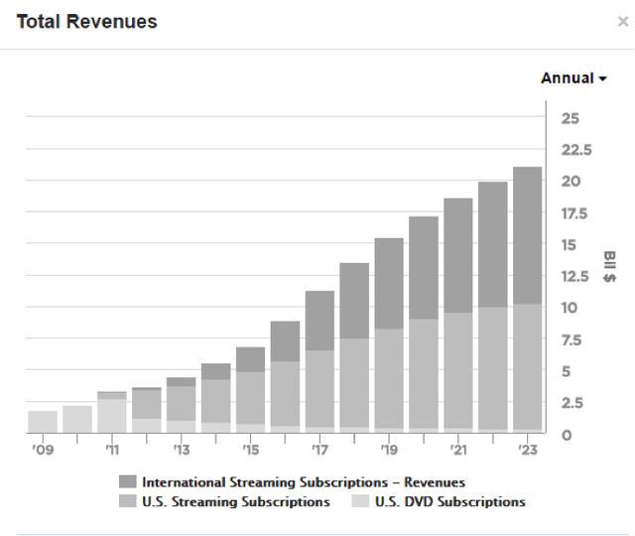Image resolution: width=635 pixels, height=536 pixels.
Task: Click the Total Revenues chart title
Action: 86,21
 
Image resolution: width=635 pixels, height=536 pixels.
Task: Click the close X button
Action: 622,22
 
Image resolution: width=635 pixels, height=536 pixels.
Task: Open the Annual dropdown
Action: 572,78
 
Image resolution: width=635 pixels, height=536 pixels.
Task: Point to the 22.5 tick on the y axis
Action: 576,150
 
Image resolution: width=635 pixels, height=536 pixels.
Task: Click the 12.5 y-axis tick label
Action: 576,276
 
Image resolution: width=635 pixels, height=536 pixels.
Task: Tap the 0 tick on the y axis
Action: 567,434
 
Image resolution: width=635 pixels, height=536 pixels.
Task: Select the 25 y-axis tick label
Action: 571,118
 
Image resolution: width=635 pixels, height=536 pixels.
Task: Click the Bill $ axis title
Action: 608,265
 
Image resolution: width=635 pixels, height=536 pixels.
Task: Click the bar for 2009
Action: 43,421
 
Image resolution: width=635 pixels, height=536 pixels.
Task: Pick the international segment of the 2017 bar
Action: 318,321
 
